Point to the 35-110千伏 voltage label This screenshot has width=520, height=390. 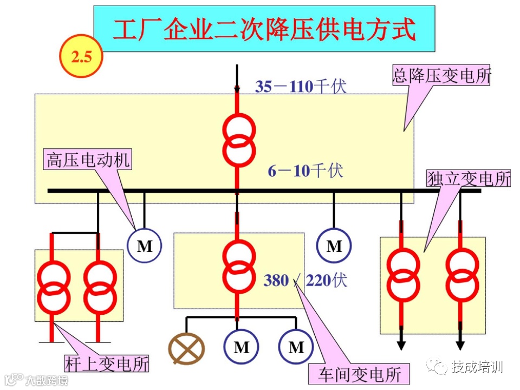(x=301, y=86)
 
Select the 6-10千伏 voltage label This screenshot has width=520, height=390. (x=305, y=171)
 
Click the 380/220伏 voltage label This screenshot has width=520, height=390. (x=305, y=281)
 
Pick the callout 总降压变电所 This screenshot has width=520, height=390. (x=441, y=75)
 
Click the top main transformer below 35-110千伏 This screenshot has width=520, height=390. (x=238, y=141)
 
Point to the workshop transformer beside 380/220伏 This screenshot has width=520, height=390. (x=238, y=266)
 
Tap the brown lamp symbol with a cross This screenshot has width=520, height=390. (x=186, y=347)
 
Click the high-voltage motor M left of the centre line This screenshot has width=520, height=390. (x=145, y=246)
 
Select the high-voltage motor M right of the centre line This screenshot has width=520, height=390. (x=334, y=246)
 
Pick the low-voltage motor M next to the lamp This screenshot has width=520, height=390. (x=241, y=347)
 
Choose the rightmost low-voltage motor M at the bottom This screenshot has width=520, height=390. (x=296, y=347)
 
